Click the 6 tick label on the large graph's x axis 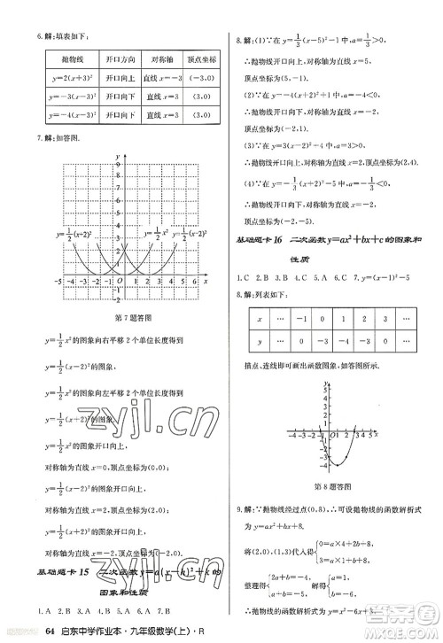(x=195, y=280)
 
